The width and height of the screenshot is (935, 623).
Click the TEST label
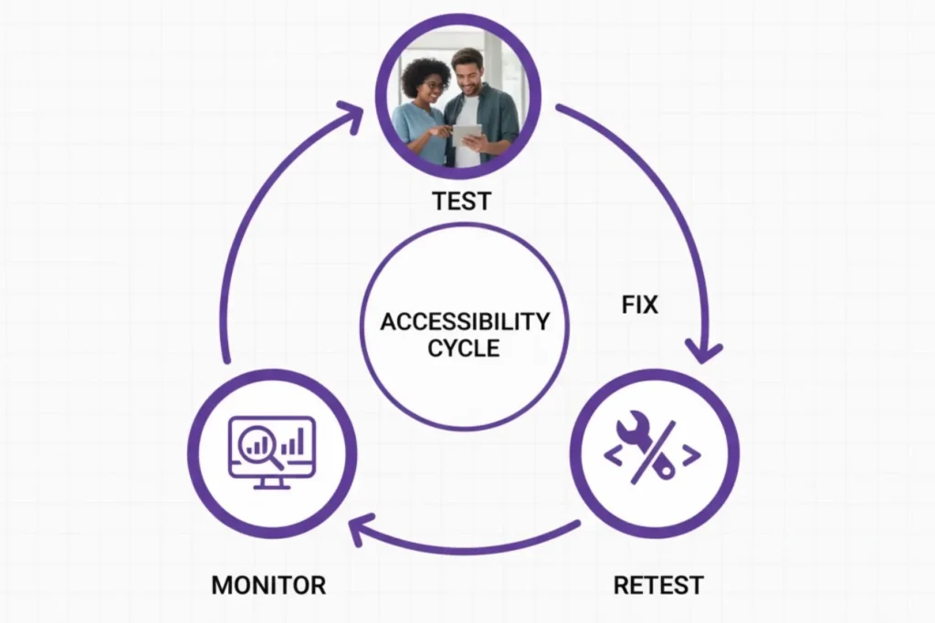click(462, 201)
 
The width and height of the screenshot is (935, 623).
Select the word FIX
click(639, 305)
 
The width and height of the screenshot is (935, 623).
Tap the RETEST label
click(658, 584)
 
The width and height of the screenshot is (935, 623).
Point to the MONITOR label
click(268, 584)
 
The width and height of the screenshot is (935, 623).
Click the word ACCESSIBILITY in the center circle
click(464, 322)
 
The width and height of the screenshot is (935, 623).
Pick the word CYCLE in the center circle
click(464, 348)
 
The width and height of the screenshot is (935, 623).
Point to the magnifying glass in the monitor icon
click(256, 443)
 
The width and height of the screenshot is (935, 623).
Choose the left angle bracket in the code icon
click(613, 455)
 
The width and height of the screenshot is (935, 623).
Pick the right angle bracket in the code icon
click(691, 455)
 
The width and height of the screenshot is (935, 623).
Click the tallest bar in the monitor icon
click(299, 440)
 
